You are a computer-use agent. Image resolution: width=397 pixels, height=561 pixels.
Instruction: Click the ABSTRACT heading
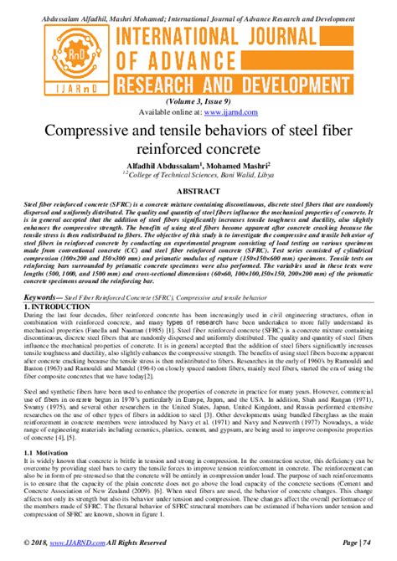[x=198, y=191]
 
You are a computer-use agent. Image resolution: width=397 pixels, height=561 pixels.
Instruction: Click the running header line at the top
[x=198, y=7]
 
